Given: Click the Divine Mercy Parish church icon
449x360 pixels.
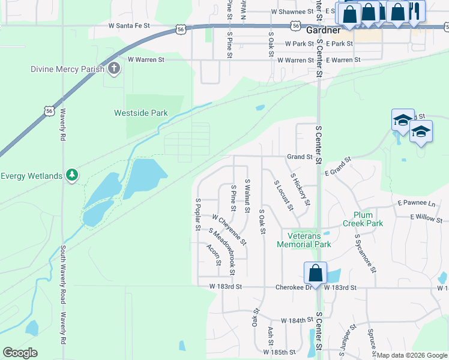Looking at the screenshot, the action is click(114, 69).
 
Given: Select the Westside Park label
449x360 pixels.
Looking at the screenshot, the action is click(141, 113).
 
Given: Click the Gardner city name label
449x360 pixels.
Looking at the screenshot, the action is click(323, 29).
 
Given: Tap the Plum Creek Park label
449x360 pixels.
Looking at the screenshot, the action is click(363, 219).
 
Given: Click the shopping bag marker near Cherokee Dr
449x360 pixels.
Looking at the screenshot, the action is click(315, 274).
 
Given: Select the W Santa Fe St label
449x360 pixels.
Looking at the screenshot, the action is click(136, 26).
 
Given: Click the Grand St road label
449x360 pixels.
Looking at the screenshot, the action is click(300, 157).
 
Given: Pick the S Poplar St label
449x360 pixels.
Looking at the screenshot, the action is click(197, 214).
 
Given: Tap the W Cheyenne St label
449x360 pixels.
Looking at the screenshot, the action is click(229, 229).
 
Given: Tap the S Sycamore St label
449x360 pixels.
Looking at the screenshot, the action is click(365, 253).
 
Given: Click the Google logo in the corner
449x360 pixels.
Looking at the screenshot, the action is click(20, 352).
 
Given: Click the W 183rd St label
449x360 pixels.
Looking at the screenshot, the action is click(226, 287).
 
